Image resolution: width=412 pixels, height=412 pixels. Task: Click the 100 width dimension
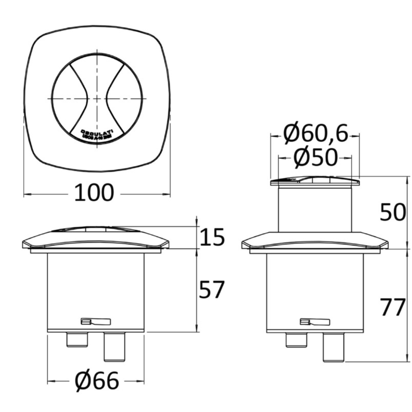94,193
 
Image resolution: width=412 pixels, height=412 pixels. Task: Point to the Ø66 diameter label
97,381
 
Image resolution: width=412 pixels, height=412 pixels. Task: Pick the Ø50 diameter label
315,158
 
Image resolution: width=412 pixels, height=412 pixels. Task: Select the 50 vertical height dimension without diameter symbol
393,212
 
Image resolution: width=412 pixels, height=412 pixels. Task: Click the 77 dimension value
393,308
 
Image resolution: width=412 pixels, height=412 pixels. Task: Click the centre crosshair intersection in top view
97,98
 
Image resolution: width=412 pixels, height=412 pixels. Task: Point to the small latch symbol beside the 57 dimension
95,322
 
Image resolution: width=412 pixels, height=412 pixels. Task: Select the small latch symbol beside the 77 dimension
315,322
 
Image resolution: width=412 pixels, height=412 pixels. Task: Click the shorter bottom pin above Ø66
77,339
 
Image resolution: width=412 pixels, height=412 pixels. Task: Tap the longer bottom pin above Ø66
114,346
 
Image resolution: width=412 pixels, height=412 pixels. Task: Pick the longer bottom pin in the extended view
334,346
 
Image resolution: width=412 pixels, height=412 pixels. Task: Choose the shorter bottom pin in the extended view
296,340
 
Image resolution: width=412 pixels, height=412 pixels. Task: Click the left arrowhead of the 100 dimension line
26,195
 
